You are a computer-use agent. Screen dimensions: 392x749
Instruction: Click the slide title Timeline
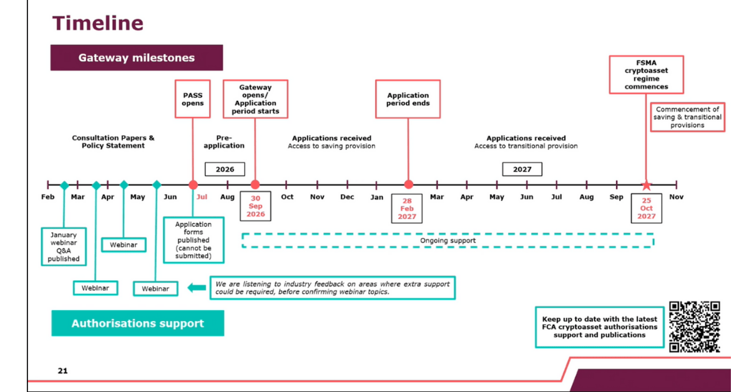98,23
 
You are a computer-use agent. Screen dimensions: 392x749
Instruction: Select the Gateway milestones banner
136,58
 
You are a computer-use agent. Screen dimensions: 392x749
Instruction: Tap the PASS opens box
193,99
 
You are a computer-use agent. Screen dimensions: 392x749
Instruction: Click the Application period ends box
408,99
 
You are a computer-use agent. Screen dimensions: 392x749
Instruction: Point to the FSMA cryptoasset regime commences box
646,75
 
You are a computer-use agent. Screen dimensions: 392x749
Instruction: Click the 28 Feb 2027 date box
407,208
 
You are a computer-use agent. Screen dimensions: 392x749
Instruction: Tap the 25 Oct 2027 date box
646,208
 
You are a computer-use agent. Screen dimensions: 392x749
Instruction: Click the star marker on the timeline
646,185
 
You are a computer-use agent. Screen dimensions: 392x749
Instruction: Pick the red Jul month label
202,197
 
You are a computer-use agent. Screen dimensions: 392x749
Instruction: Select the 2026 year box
225,169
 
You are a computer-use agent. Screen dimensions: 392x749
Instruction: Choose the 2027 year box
522,169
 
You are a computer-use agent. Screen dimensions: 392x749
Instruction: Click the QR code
694,326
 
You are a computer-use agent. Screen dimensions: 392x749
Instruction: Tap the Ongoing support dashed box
448,240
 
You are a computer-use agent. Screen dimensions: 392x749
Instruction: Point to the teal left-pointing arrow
197,288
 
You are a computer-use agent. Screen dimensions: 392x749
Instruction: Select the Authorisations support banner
137,323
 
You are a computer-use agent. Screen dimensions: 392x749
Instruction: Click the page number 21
62,371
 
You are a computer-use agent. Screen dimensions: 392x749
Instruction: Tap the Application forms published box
193,240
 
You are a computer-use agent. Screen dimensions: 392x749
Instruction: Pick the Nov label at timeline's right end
676,197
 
